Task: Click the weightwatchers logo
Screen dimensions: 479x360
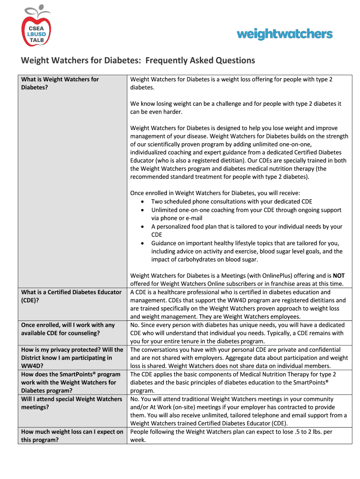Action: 285,34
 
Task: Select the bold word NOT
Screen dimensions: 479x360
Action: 338,276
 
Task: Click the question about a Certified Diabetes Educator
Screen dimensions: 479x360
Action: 71,296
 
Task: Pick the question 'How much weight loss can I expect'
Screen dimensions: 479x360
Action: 72,436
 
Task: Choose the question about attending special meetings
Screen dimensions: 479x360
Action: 72,403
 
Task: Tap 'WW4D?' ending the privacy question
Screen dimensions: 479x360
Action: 31,366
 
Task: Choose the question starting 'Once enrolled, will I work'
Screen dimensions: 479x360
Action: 68,329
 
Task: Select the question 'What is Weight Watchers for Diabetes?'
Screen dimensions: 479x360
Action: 60,83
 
